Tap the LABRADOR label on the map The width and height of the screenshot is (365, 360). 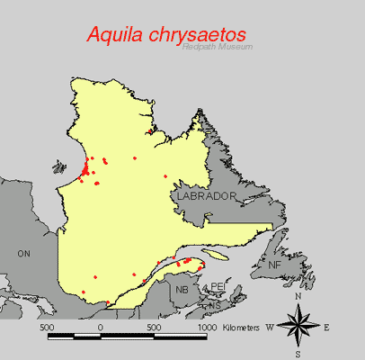coord(206,195)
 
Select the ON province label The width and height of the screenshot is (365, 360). coord(24,255)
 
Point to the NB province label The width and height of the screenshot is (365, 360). coord(182,290)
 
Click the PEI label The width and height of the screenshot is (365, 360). coord(216,287)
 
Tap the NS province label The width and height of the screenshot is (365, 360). coord(214,306)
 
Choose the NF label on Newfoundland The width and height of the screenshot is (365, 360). coord(274,265)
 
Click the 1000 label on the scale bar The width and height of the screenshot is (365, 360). coord(207,327)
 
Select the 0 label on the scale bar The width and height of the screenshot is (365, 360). coord(100,327)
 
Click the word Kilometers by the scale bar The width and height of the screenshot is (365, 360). coord(242,327)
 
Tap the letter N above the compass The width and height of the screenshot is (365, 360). coord(298,296)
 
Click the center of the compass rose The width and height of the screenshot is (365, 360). coord(298,325)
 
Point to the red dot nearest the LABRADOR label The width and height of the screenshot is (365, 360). coord(165,176)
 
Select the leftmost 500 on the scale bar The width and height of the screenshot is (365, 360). coord(47,327)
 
